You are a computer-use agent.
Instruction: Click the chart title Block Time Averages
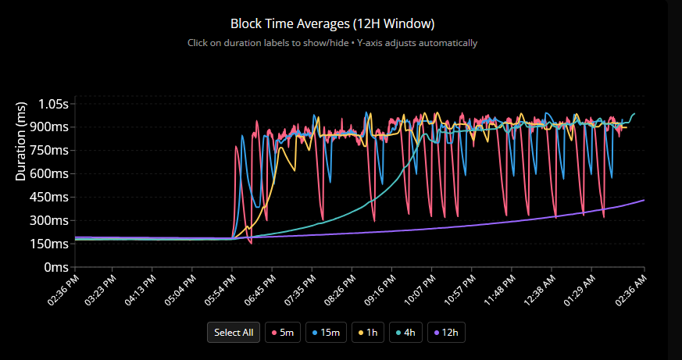(x=333, y=23)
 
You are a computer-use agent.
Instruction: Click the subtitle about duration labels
(x=333, y=42)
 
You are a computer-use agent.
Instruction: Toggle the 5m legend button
(x=282, y=333)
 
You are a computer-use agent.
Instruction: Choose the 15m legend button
(x=326, y=333)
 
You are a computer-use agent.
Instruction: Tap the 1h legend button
(x=367, y=333)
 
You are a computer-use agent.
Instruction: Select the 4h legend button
(x=407, y=333)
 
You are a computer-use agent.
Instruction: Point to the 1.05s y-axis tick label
(x=54, y=104)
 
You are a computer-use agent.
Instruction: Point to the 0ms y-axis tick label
(x=56, y=267)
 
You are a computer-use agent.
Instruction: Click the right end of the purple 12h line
(x=644, y=201)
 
